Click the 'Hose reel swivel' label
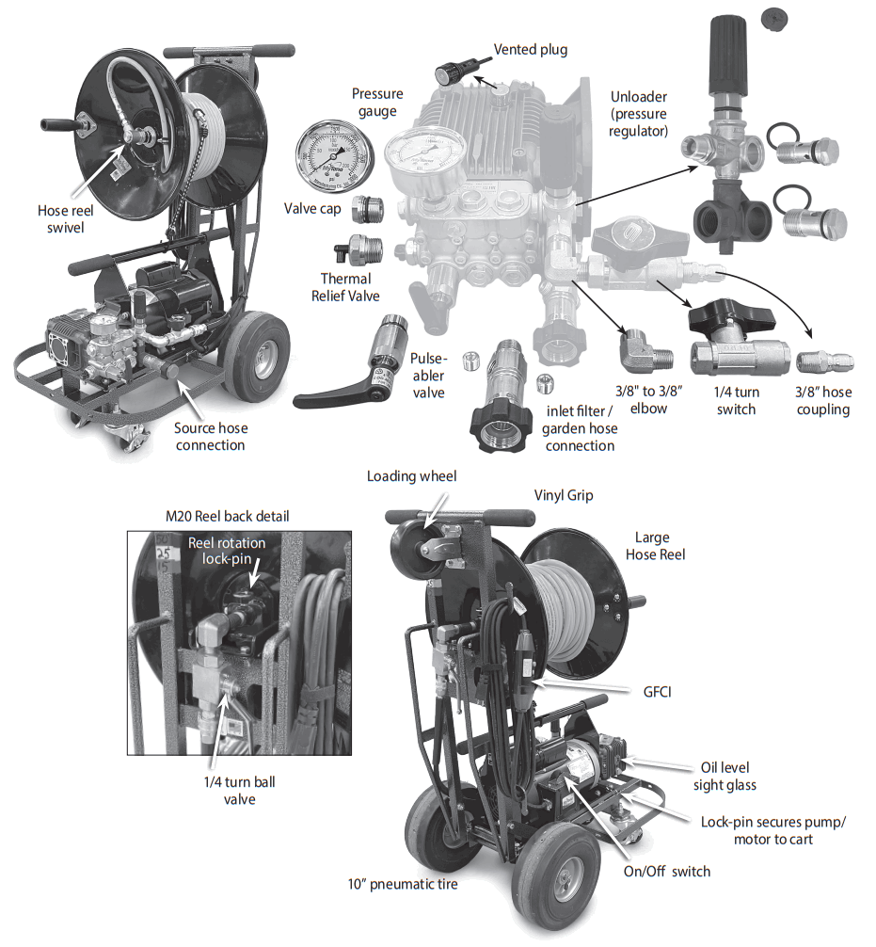(65, 219)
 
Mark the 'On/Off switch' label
(666, 872)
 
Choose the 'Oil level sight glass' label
(724, 776)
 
